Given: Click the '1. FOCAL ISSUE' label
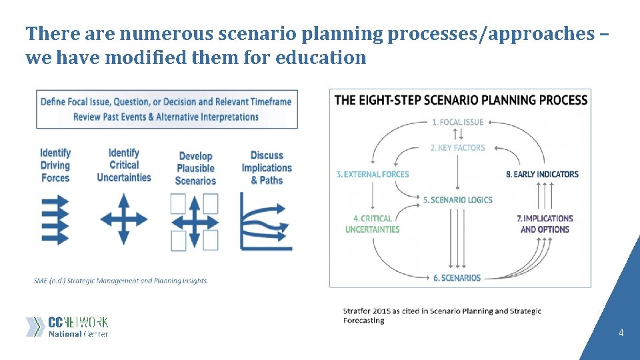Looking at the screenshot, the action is (457, 122).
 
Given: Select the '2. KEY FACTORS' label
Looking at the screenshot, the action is (457, 147).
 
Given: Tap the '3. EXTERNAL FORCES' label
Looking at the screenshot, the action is (373, 174).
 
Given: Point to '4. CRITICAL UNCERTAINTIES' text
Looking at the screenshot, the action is (373, 223).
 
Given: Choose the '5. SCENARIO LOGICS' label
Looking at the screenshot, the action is (457, 200).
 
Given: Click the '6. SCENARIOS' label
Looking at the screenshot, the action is (457, 277).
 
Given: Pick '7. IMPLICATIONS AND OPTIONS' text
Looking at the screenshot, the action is (545, 223).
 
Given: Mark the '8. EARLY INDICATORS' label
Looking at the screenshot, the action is (542, 174).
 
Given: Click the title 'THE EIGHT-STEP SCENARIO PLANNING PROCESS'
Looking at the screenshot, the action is (461, 101).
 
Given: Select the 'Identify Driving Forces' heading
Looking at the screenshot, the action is (55, 165).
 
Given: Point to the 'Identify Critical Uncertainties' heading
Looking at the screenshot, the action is (124, 165).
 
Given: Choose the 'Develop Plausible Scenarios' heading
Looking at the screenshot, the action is (195, 168).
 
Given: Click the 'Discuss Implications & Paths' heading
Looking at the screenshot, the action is (267, 167).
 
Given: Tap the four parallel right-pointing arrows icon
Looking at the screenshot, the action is (55, 218).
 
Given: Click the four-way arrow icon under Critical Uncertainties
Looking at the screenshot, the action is (124, 219).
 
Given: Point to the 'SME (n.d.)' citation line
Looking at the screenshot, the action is (121, 281).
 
